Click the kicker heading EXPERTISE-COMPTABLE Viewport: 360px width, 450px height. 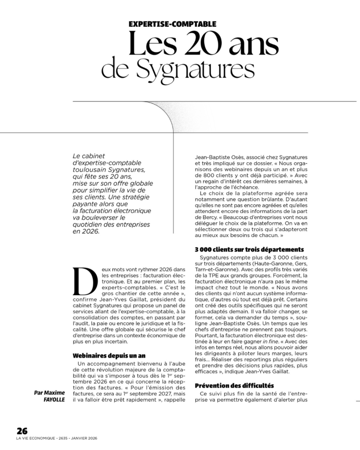click(x=172, y=25)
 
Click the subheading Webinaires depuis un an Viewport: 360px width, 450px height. click(x=108, y=355)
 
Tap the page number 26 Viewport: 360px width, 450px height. click(x=22, y=431)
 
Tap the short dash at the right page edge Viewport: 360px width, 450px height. click(x=357, y=401)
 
